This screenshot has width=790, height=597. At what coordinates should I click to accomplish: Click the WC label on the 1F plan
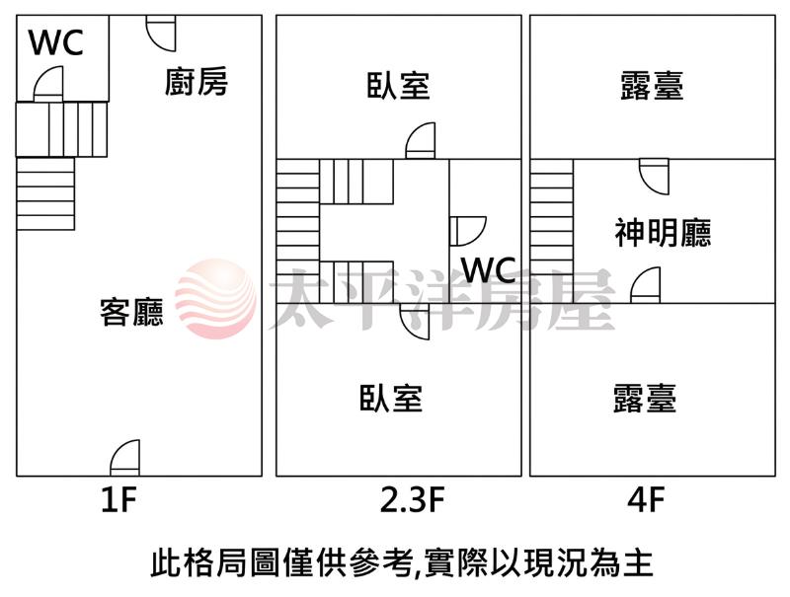pos(55,42)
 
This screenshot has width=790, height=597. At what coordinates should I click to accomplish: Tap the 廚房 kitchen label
pos(196,82)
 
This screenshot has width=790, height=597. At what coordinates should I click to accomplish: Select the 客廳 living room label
pos(131,312)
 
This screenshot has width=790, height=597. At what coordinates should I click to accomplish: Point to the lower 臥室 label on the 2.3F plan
pos(391,398)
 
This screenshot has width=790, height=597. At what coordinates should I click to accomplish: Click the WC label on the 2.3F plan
pos(489,269)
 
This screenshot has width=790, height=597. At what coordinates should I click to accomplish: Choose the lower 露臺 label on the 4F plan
pos(645,398)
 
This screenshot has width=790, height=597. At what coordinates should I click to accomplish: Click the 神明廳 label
pos(663,233)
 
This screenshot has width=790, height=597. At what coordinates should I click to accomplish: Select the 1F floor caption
pos(118,500)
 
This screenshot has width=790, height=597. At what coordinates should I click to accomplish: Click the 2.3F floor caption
pos(412,500)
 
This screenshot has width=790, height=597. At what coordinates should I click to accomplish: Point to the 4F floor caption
pos(646,500)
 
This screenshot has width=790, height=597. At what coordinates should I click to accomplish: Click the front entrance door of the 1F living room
pos(125,458)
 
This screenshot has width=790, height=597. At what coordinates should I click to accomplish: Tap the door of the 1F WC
pos(48,84)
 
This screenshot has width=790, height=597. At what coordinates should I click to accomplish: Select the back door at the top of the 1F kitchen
pos(161,34)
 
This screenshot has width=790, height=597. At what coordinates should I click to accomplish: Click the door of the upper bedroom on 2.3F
pos(421,141)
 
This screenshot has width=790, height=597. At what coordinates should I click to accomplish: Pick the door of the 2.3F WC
pos(468,232)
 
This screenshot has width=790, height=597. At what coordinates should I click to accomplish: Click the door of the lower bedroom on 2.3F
pos(415,321)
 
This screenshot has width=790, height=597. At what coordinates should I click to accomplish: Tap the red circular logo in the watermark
pos(215,299)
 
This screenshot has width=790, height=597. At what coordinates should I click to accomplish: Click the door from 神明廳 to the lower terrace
pos(646,285)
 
